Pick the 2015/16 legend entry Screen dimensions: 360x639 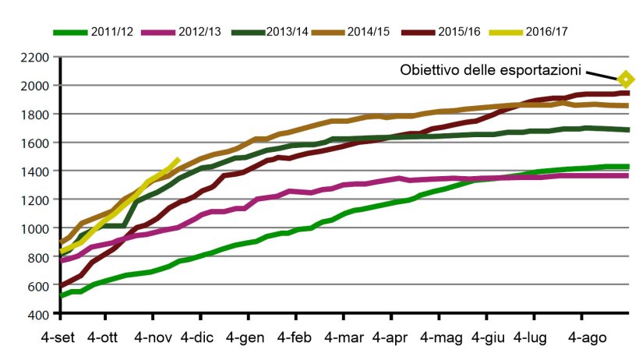point(439,32)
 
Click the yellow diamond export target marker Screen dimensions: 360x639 point(625,79)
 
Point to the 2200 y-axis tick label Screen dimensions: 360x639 point(36,57)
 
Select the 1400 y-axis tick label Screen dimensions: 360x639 point(36,171)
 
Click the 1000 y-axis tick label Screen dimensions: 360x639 point(36,228)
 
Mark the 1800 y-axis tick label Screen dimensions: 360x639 point(36,115)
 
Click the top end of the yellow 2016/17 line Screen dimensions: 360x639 point(178,159)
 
